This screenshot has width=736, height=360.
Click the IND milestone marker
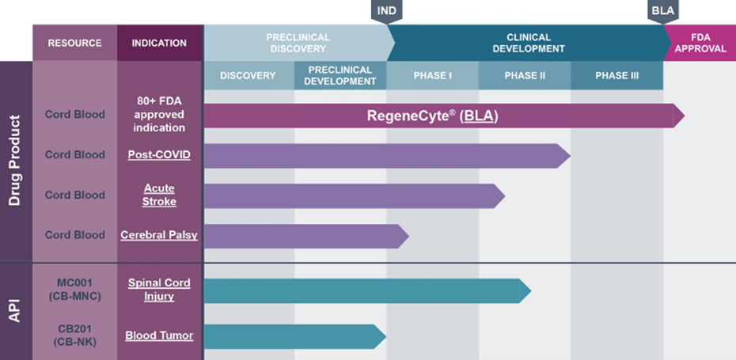(386, 11)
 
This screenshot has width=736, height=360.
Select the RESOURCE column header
(74, 43)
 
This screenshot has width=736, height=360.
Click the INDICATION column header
(159, 43)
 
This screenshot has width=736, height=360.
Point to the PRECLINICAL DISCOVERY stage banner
(297, 43)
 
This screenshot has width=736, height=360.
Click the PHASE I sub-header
(432, 76)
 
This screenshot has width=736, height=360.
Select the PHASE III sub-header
(616, 76)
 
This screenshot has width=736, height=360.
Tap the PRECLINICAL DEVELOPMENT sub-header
(340, 76)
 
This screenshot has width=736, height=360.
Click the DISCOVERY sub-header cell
(248, 76)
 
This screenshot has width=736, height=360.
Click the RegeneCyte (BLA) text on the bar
(432, 116)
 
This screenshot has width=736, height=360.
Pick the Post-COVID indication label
(159, 155)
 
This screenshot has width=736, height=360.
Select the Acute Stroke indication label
(159, 195)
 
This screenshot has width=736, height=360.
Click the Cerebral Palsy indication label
(159, 235)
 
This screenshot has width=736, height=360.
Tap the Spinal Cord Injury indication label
(159, 290)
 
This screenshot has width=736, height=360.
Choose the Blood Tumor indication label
(159, 335)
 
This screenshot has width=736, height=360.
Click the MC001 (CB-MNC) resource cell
(74, 290)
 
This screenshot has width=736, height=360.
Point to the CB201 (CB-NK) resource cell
(74, 335)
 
